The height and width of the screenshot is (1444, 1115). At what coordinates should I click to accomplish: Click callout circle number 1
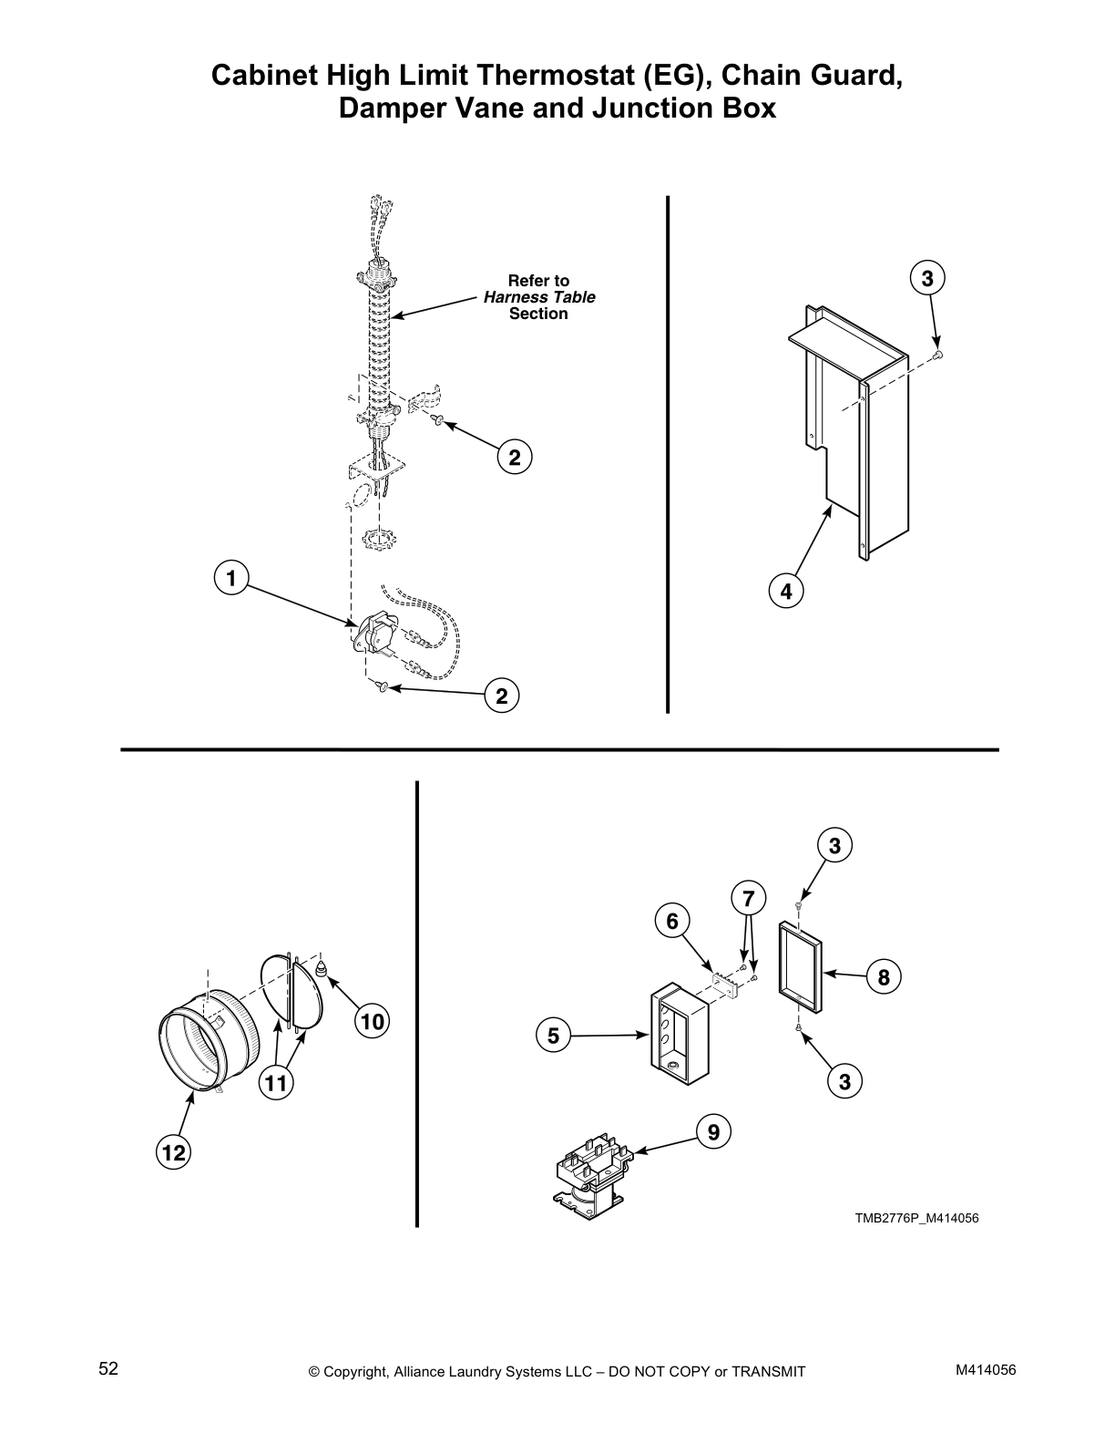(x=231, y=578)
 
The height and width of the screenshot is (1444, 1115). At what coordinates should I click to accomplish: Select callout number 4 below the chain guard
(x=786, y=591)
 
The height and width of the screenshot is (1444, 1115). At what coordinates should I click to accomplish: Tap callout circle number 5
(x=554, y=1036)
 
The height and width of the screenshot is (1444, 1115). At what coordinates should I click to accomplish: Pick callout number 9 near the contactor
(x=713, y=1132)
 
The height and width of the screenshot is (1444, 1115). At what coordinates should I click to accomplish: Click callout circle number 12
(x=174, y=1153)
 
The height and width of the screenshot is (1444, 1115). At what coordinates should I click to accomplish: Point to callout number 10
(x=372, y=1022)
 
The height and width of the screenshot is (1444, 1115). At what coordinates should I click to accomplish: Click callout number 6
(x=672, y=922)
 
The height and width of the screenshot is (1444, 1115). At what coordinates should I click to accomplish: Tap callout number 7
(x=748, y=899)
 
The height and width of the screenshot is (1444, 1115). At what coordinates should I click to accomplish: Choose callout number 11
(x=276, y=1083)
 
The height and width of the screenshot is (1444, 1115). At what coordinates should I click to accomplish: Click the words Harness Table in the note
(x=538, y=297)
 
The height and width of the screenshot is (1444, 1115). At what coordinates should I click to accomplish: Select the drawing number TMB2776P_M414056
(x=916, y=1218)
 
